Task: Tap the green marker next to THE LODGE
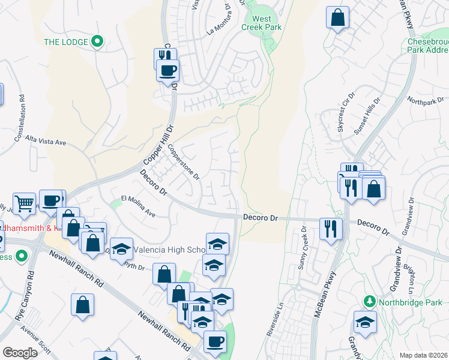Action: point(97,42)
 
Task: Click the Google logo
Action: point(20,353)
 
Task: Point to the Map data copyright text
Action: point(423,355)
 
